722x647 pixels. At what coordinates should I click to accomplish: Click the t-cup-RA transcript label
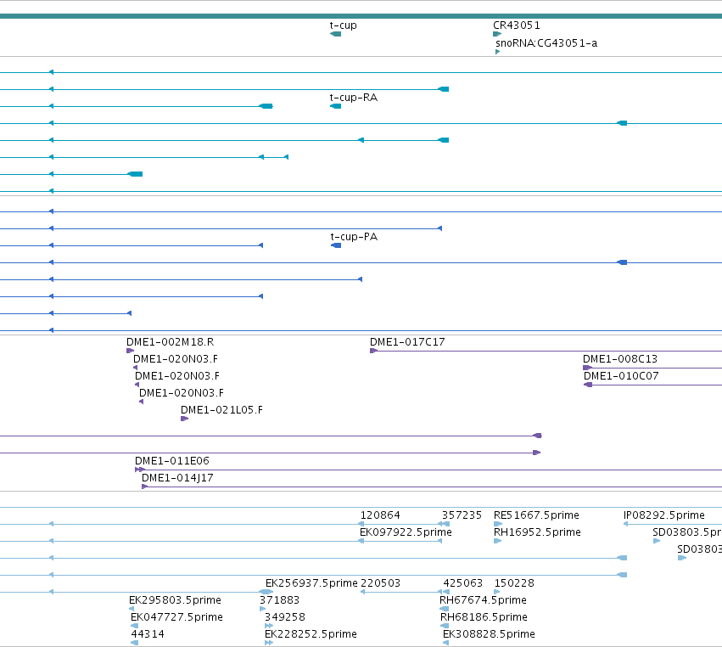[354, 98]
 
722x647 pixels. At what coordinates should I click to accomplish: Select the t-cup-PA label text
[354, 237]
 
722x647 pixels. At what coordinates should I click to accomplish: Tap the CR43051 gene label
[517, 25]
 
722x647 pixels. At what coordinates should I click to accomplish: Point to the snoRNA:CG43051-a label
[546, 43]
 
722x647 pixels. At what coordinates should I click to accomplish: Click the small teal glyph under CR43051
[497, 34]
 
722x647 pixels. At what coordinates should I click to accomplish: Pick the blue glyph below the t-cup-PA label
[336, 245]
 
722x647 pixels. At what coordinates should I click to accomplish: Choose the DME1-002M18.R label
[171, 342]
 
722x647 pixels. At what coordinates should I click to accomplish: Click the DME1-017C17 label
[407, 342]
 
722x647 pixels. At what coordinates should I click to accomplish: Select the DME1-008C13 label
[620, 359]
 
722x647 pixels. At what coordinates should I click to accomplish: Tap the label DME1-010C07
[621, 376]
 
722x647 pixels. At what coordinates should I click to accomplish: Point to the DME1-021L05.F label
[222, 410]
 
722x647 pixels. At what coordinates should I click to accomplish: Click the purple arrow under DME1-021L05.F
[185, 419]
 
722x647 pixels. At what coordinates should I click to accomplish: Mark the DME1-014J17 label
[177, 478]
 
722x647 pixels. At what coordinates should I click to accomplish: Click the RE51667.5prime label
[536, 515]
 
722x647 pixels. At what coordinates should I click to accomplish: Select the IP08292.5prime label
[664, 515]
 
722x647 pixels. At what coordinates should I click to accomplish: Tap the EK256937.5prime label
[311, 583]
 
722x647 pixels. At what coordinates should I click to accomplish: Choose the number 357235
[462, 515]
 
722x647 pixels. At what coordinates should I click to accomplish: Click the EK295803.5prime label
[175, 600]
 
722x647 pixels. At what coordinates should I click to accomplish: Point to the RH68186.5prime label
[484, 617]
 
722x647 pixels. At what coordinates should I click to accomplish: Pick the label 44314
[148, 634]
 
